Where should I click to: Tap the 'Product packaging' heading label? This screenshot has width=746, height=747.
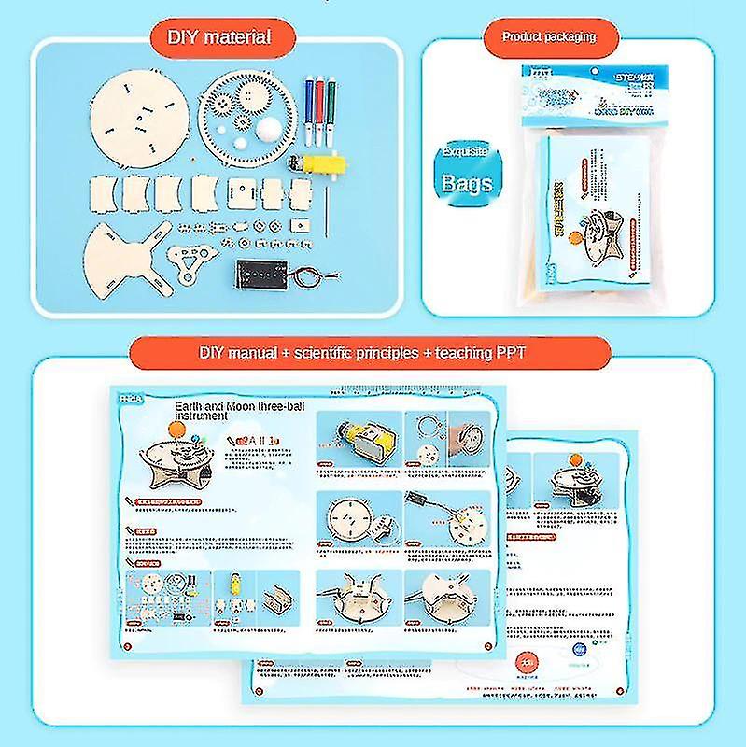(x=548, y=37)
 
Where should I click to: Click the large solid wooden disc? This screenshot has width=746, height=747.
(x=136, y=116)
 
